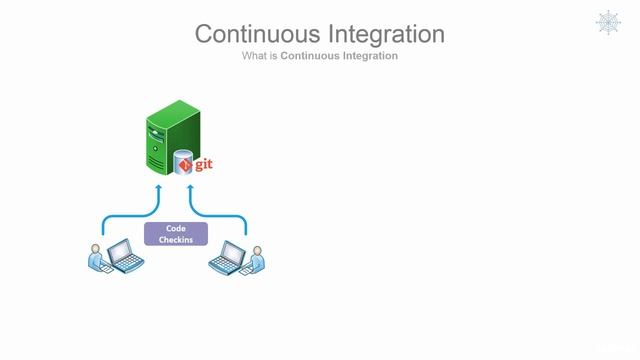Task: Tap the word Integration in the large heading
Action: pyautogui.click(x=382, y=33)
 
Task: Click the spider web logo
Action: pyautogui.click(x=608, y=22)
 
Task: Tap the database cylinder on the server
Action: pyautogui.click(x=183, y=163)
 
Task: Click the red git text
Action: pyautogui.click(x=205, y=163)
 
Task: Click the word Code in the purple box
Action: pyautogui.click(x=176, y=229)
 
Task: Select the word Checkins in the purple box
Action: pyautogui.click(x=176, y=240)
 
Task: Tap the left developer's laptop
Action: pyautogui.click(x=124, y=259)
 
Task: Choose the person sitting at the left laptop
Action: pyautogui.click(x=97, y=259)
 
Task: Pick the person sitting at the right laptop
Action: pyautogui.click(x=256, y=259)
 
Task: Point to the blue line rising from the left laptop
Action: pyautogui.click(x=102, y=228)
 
